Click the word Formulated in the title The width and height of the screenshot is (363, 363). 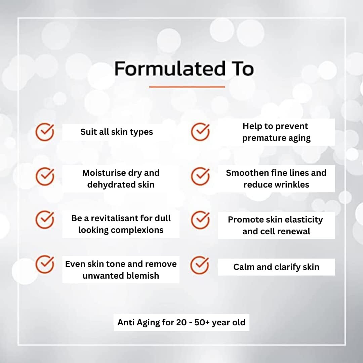click(x=170, y=69)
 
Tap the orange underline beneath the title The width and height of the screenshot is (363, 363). click(x=187, y=87)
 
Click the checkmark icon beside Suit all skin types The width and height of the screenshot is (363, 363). click(x=45, y=132)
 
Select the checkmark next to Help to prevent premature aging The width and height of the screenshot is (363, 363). click(x=200, y=132)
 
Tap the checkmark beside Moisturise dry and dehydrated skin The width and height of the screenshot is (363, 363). click(x=45, y=176)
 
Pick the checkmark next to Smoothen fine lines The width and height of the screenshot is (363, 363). click(x=200, y=176)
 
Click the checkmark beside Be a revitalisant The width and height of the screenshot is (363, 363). click(x=45, y=220)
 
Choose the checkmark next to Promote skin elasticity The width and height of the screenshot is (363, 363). click(x=200, y=220)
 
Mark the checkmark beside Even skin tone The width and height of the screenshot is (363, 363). click(x=45, y=265)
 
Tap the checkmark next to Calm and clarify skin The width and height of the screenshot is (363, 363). click(x=200, y=265)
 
